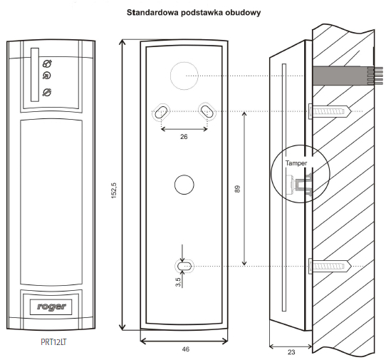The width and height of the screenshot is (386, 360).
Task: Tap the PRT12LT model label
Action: point(53,342)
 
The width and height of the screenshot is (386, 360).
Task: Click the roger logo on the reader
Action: point(51,307)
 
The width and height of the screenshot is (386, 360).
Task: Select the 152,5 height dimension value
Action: point(114,190)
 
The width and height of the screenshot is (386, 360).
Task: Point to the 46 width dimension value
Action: point(186,349)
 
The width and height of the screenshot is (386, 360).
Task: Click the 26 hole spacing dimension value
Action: point(184,136)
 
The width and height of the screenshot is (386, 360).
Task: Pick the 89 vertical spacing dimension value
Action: point(237,189)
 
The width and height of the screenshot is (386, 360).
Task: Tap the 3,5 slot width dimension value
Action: point(178,282)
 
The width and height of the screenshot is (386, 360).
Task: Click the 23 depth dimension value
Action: point(291,352)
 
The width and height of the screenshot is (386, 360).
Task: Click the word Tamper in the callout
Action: point(296,163)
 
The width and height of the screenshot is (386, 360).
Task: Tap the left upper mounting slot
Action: point(161,111)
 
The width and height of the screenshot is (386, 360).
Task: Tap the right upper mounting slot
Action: point(207,111)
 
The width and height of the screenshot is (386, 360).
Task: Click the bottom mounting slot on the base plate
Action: point(184,266)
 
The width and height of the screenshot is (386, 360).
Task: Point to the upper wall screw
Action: point(330,111)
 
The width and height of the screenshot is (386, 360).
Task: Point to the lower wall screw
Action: point(330,266)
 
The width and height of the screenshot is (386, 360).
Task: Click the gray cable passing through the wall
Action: point(348,76)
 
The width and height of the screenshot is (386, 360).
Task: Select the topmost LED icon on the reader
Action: point(47,63)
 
